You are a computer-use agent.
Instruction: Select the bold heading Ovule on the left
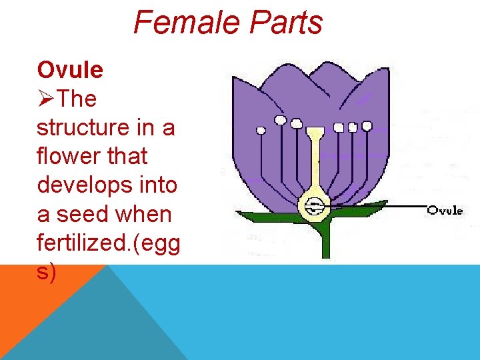[70, 69]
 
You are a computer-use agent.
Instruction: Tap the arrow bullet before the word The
[46, 99]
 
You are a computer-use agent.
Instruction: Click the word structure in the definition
[87, 127]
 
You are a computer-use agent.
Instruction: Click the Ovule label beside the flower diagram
[445, 210]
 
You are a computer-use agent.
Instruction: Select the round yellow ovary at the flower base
[313, 207]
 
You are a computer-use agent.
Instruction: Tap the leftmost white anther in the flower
[261, 130]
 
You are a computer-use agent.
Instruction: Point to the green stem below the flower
[325, 243]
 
